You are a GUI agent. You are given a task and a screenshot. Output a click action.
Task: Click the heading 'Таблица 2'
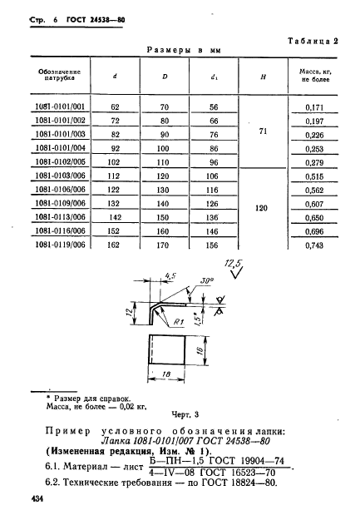319,40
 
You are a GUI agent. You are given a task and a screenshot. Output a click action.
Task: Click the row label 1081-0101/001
61,107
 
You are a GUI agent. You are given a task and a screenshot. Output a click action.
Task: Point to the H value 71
262,132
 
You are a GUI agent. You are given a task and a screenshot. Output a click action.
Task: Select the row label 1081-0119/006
61,246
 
